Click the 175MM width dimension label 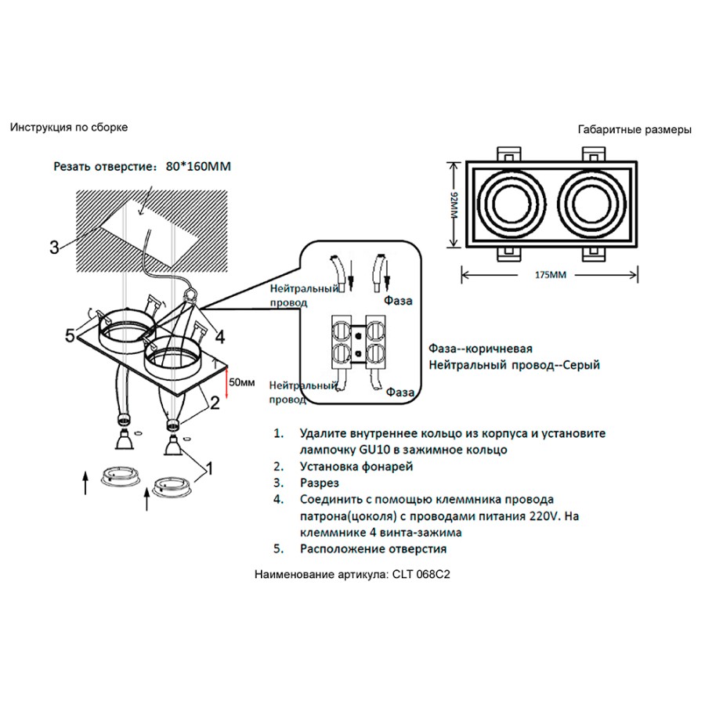550,275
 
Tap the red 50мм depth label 240,381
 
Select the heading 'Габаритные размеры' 634,130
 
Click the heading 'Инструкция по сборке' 69,127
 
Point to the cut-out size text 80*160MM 200,167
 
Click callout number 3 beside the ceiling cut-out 54,248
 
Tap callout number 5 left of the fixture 70,336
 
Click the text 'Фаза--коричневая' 481,349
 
